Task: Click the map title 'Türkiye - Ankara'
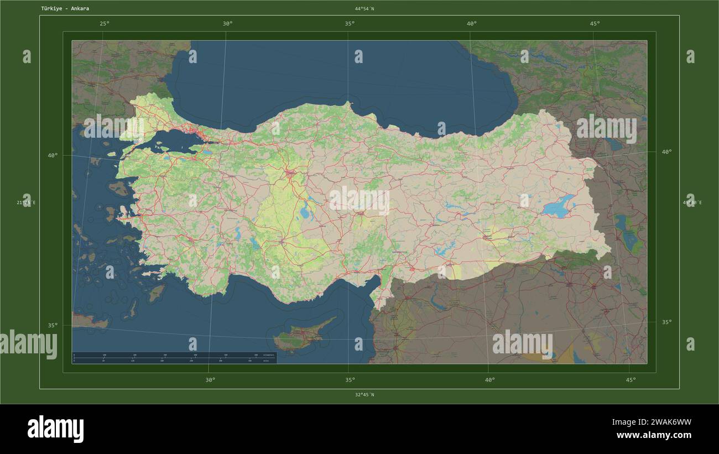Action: (x=65, y=9)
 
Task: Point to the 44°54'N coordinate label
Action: (x=364, y=9)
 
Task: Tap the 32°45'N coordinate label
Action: (x=364, y=395)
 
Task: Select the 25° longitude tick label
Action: (x=104, y=23)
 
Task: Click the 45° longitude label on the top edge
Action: (x=595, y=23)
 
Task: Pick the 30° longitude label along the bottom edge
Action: (x=210, y=380)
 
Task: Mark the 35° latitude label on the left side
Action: (x=53, y=326)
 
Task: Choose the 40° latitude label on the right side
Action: (x=666, y=152)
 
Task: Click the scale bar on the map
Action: (x=174, y=358)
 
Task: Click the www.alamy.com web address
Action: (x=653, y=435)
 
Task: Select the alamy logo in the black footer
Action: (x=55, y=429)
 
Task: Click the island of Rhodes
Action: (x=157, y=293)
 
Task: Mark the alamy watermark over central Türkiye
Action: (x=359, y=201)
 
